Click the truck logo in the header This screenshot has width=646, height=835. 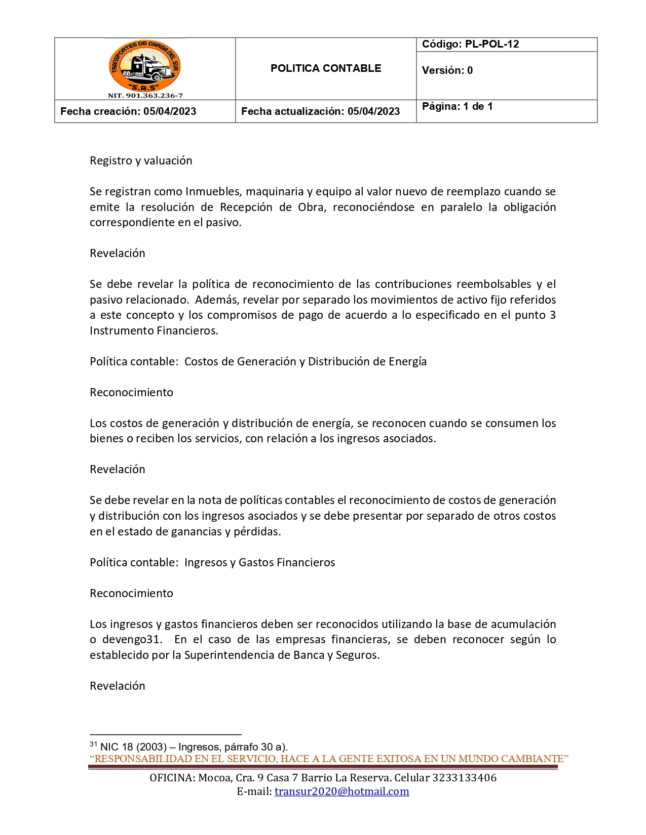point(145,66)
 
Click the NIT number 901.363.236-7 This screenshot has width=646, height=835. point(145,96)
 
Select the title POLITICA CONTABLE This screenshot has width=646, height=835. point(326,68)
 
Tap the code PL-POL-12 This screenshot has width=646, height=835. point(491,44)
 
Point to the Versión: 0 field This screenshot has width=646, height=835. point(447,70)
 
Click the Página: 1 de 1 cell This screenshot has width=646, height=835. point(457,106)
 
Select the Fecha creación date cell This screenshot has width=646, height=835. point(128,111)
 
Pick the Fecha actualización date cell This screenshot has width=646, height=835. point(320,111)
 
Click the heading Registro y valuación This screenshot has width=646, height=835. point(141,161)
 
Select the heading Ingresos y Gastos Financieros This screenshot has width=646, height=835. point(259,563)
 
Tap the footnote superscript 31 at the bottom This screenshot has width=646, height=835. point(93,744)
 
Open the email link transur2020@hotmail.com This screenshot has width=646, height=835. point(341,791)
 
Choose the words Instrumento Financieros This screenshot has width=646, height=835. point(154,331)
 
